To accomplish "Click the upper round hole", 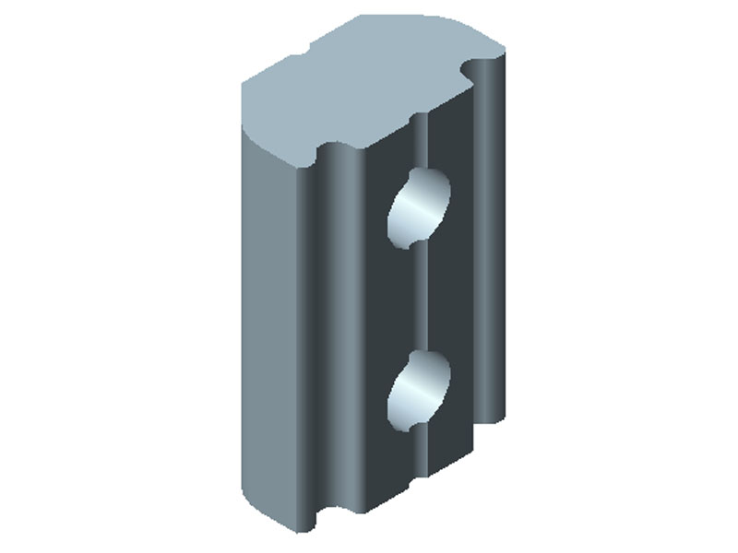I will (420, 207).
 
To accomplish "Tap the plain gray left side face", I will (269, 323).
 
